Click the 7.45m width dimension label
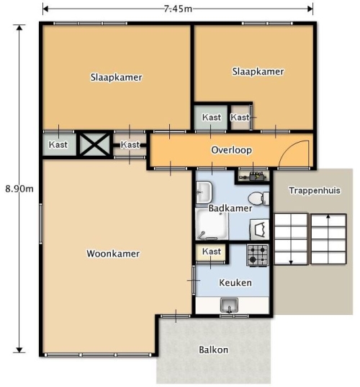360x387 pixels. (178, 9)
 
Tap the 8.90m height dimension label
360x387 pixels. (19, 189)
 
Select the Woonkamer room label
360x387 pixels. (113, 254)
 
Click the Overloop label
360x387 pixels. (232, 150)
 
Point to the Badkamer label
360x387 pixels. (230, 208)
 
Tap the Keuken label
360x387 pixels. (235, 283)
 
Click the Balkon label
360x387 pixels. (214, 350)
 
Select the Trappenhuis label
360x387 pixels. (315, 190)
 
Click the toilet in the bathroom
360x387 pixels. (258, 198)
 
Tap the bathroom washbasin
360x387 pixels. (204, 192)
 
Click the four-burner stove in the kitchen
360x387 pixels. (258, 255)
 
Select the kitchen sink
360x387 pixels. (229, 305)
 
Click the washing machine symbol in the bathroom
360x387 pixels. (260, 230)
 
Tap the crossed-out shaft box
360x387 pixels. (95, 145)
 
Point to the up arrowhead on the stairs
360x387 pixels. (328, 217)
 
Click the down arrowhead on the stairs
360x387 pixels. (291, 262)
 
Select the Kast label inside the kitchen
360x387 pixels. (211, 252)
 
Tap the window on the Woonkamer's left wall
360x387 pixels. (41, 223)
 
